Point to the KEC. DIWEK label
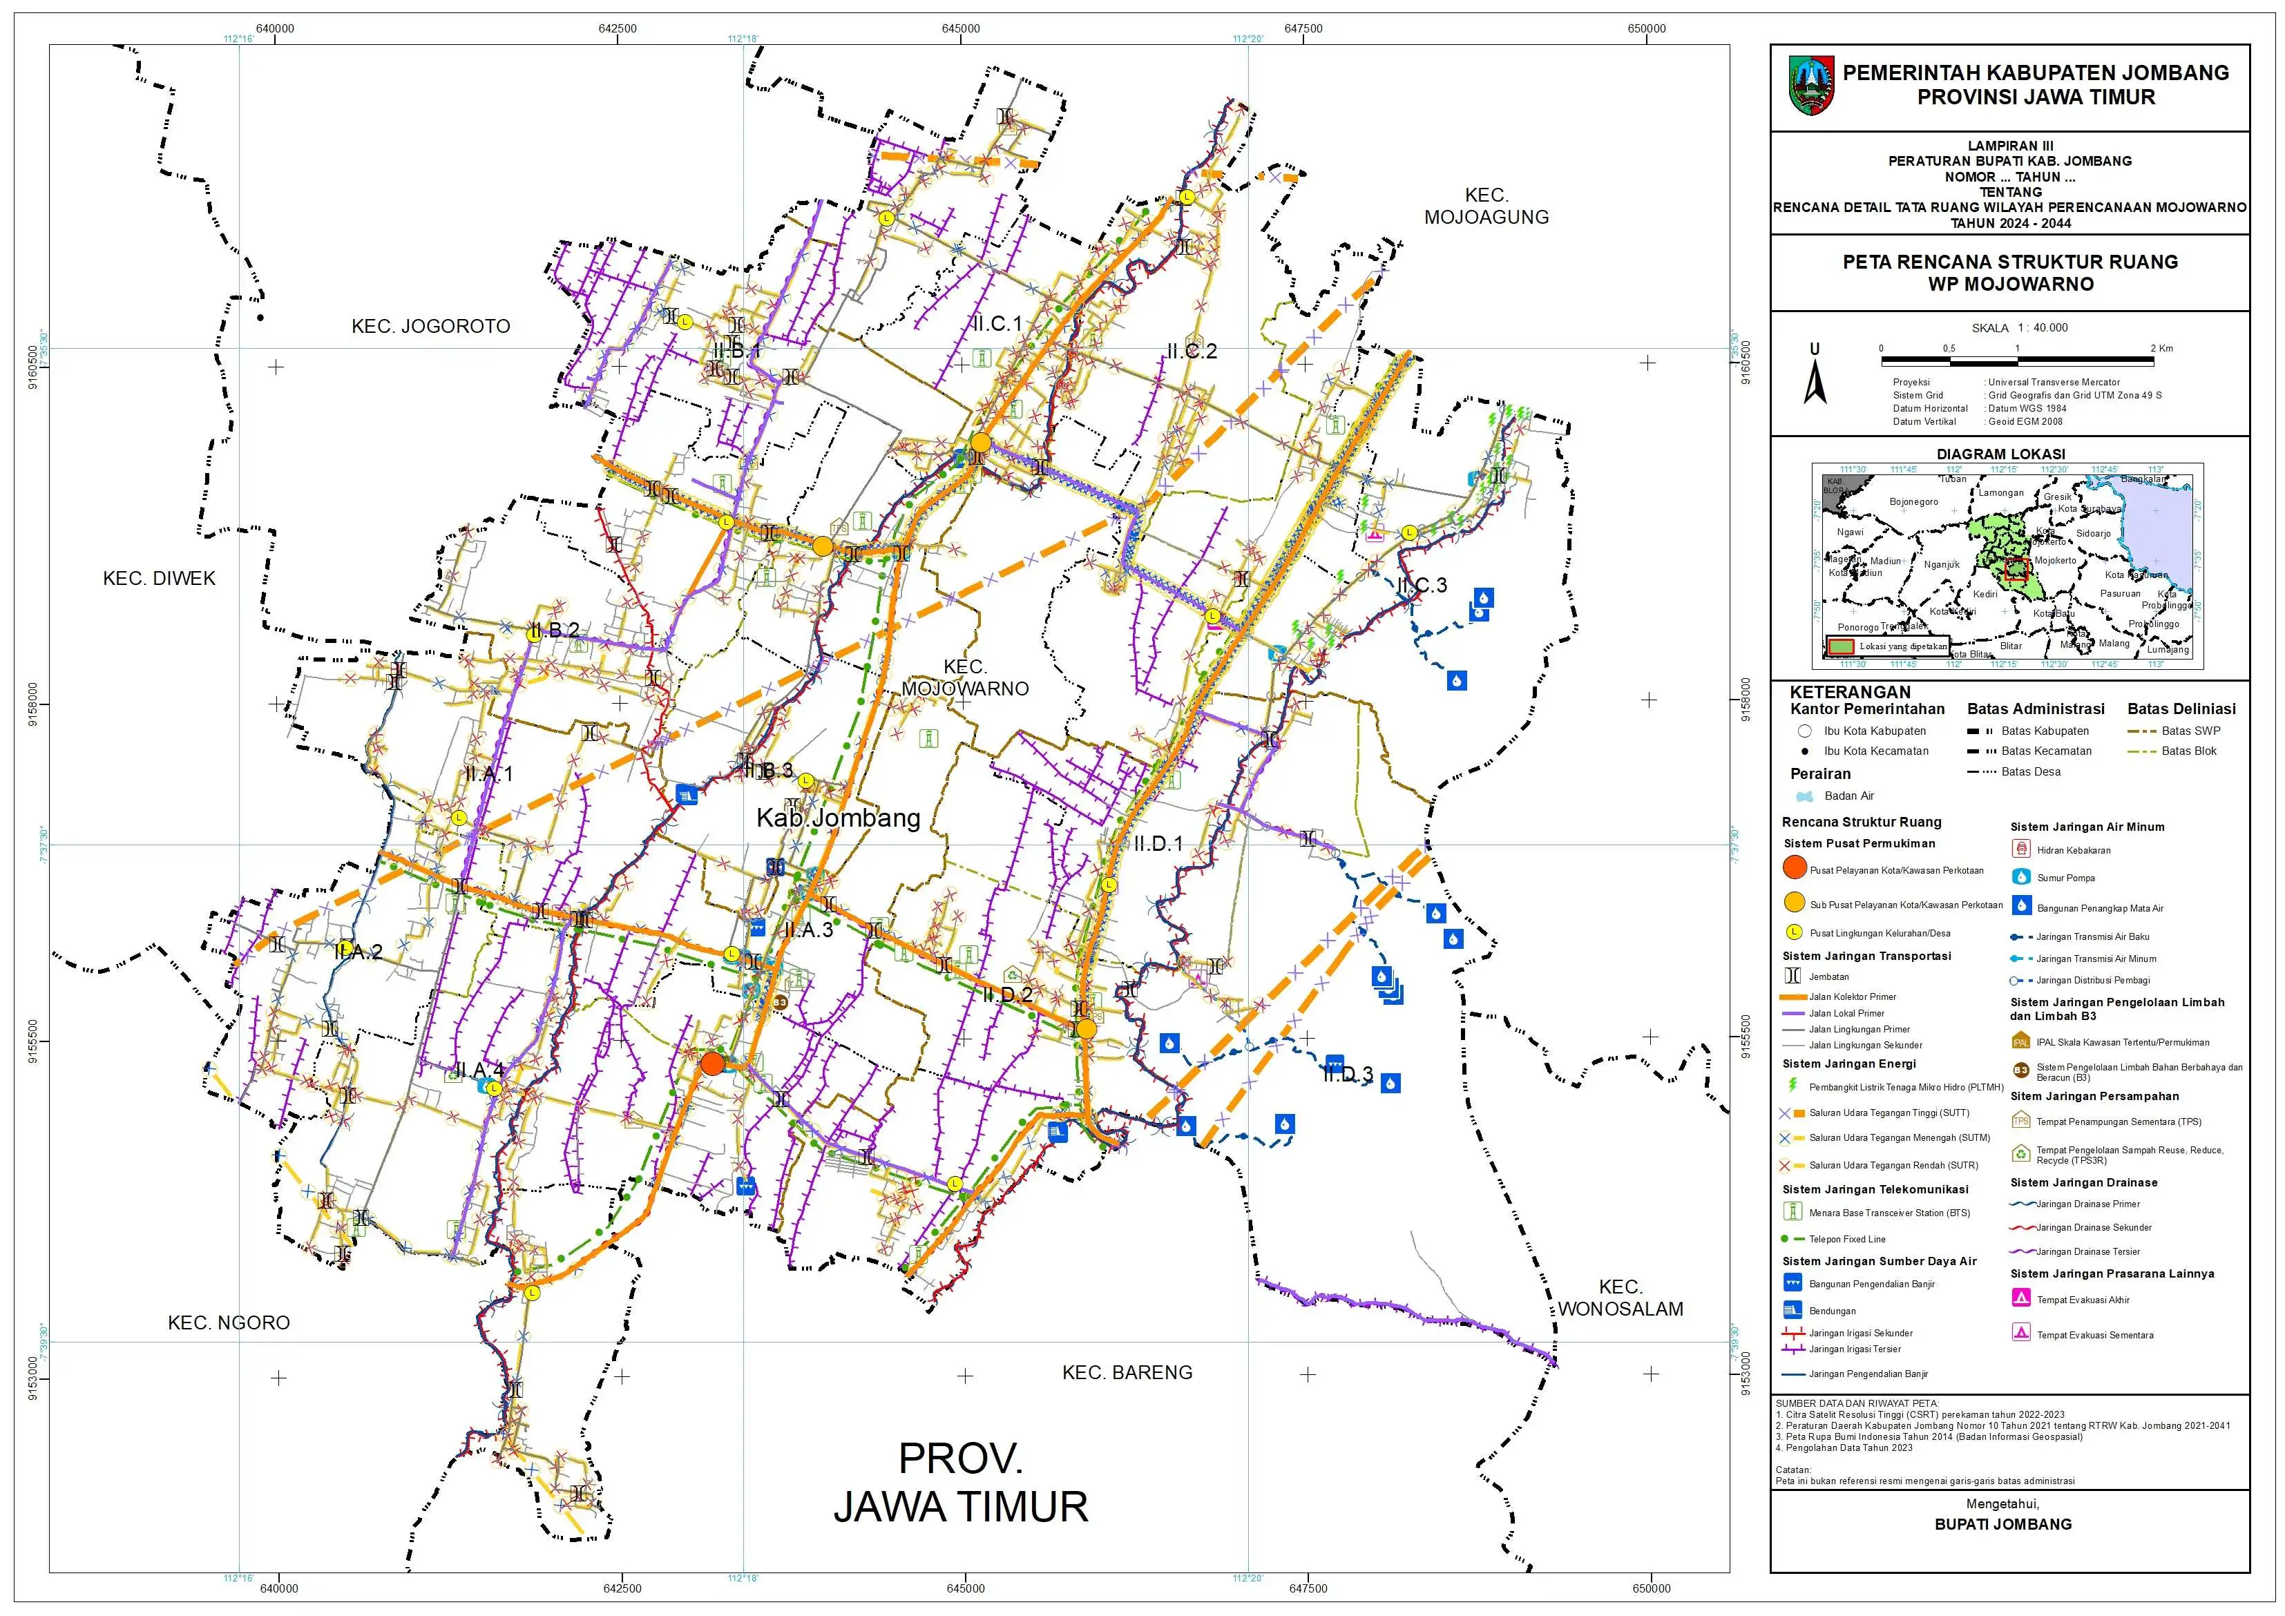coord(160,578)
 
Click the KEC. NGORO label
coord(229,1322)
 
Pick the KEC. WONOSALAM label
coord(1620,1298)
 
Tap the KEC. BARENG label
coord(1127,1372)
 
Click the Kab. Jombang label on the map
coord(838,818)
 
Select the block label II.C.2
coord(1192,352)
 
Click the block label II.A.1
coord(488,774)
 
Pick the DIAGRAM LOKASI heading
coord(2000,454)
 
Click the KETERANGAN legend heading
coord(1849,691)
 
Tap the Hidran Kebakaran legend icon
coord(2020,849)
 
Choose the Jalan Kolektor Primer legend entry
coord(1851,996)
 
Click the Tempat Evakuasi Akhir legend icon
coord(2020,1298)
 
